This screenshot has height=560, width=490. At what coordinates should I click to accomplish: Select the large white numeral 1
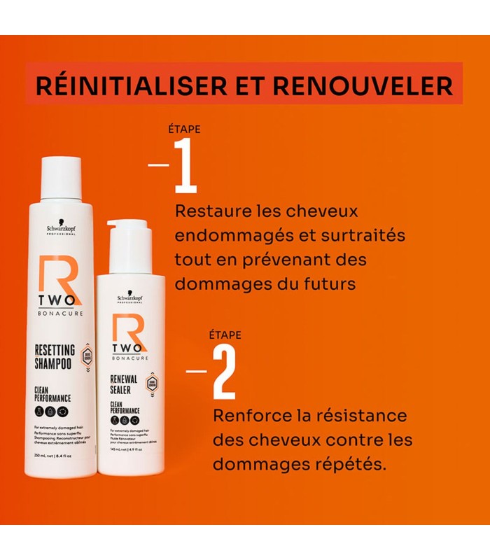tap(185, 166)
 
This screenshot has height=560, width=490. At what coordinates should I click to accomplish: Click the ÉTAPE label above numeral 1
tap(185, 129)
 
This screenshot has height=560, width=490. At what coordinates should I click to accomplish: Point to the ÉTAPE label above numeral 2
tap(225, 335)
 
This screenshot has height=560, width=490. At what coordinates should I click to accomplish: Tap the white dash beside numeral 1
tap(159, 165)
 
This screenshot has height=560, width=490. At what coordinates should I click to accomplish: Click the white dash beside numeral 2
tap(197, 371)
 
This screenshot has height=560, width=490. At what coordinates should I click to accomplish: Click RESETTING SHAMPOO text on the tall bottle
tap(56, 357)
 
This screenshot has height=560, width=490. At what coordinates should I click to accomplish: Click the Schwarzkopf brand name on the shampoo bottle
tap(61, 228)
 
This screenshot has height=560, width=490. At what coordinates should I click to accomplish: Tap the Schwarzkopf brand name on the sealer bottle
tap(131, 297)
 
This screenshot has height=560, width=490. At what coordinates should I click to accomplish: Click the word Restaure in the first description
tap(208, 211)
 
